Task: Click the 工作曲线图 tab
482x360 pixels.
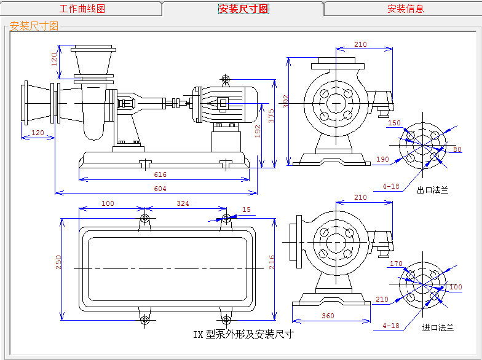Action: (82, 9)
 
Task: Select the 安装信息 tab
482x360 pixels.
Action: (405, 9)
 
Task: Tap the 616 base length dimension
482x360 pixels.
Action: (160, 175)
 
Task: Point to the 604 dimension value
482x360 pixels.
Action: (160, 189)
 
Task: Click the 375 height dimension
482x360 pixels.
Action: (271, 116)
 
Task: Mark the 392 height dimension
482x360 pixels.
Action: (285, 101)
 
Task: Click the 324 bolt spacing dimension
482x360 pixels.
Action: (183, 203)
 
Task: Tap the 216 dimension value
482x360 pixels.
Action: (271, 262)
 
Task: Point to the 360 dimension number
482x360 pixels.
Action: (328, 316)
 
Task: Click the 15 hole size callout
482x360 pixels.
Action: (247, 210)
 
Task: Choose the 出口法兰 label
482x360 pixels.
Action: (433, 190)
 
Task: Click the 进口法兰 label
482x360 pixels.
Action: (438, 327)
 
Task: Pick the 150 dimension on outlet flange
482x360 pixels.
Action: (394, 123)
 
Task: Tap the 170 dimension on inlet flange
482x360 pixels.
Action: (397, 264)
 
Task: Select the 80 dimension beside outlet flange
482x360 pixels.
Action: (457, 149)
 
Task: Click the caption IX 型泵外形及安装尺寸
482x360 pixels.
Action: (243, 334)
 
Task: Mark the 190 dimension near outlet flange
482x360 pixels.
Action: (382, 159)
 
